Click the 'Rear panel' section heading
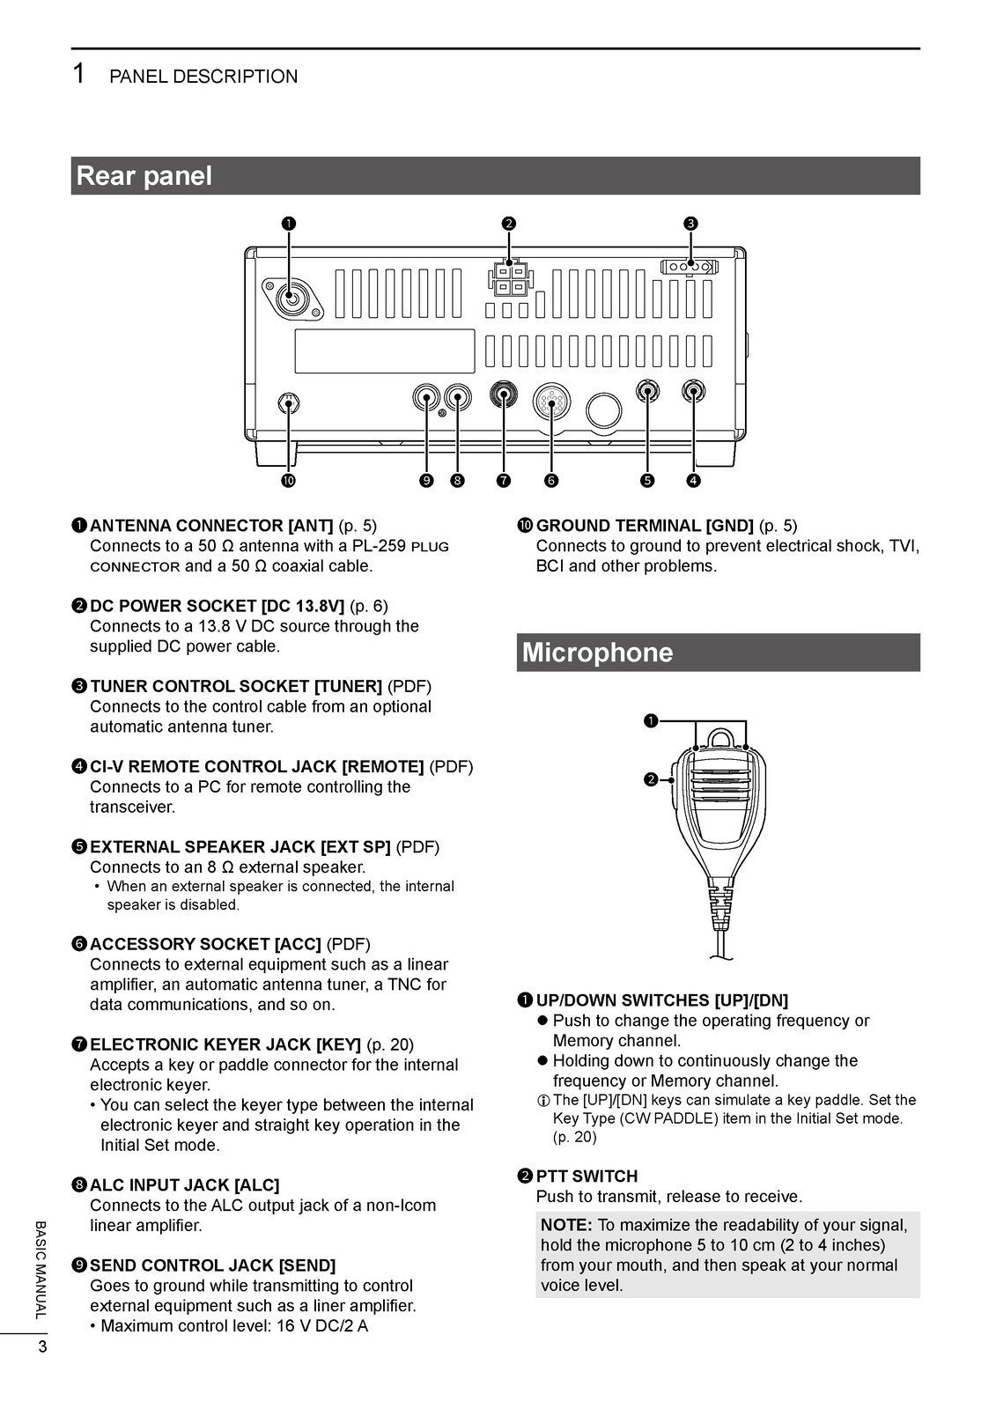(x=144, y=176)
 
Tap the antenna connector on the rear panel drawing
(x=290, y=299)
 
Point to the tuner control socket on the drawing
(x=690, y=266)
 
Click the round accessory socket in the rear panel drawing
(x=552, y=405)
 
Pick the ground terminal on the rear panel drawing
(x=288, y=404)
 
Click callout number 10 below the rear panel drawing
(x=288, y=480)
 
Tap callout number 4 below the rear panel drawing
(x=693, y=480)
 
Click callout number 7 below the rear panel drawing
(x=503, y=480)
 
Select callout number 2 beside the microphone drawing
(x=650, y=779)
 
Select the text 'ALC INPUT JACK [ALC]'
(x=184, y=1185)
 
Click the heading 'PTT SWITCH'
(x=587, y=1176)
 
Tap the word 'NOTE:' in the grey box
(x=566, y=1225)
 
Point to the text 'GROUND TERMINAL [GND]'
(x=645, y=526)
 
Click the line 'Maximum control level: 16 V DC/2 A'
(x=233, y=1326)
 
